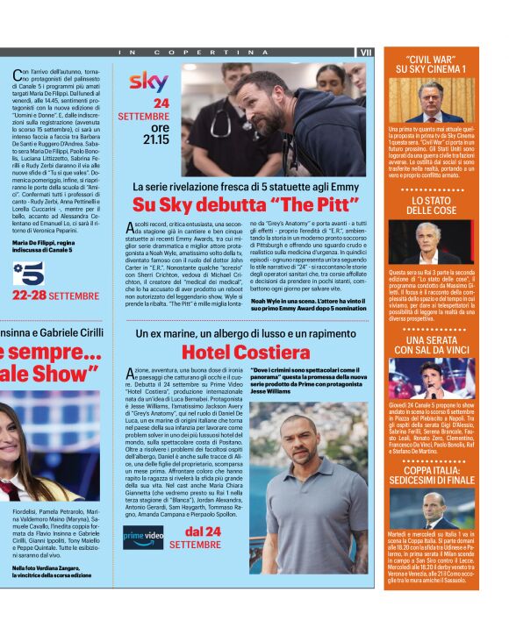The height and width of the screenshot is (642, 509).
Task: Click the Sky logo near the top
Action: coord(148,82)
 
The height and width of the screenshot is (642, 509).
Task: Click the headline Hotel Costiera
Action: coord(245,353)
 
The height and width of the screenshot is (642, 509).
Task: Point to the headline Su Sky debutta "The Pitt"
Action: coord(245,205)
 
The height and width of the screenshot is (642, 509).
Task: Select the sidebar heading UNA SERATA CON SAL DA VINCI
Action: coord(431,345)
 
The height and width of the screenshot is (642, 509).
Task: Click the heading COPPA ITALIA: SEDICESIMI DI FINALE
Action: coord(431,475)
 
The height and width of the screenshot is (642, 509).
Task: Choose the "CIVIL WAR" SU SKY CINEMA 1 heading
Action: coord(431,63)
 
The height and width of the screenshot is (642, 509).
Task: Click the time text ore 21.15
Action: coord(154,133)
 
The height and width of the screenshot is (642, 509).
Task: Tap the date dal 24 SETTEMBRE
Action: coord(202,538)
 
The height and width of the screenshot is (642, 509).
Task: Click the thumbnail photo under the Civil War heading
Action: coord(431,100)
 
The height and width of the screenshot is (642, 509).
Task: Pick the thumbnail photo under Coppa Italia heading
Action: coord(431,509)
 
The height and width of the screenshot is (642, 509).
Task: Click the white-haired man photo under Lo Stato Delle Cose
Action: coord(431,241)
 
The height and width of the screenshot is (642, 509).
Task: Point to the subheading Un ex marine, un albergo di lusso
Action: coord(245,334)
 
